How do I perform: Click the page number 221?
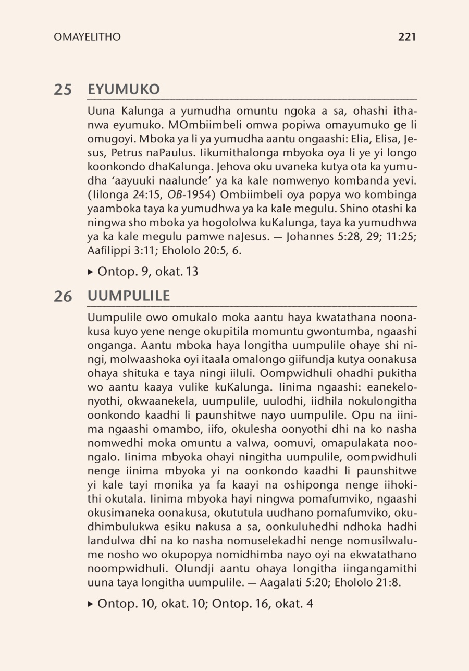click(406, 37)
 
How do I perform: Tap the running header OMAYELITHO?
click(87, 37)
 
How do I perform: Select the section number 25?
click(63, 90)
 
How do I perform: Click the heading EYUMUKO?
click(124, 90)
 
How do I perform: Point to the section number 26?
click(63, 296)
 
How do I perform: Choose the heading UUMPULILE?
click(129, 296)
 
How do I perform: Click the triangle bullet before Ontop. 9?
click(91, 272)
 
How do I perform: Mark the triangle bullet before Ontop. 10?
click(91, 604)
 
